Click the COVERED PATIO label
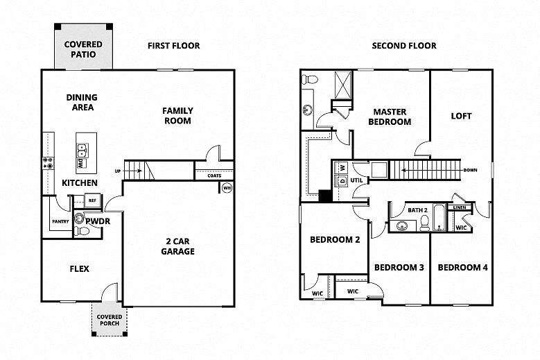(x=83, y=49)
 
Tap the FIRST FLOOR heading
(x=173, y=46)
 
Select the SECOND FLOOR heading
(x=404, y=46)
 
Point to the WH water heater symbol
(x=227, y=187)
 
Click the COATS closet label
(x=214, y=175)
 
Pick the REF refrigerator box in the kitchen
(x=93, y=201)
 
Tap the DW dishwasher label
(x=81, y=164)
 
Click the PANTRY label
(x=60, y=221)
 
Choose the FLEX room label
(x=80, y=268)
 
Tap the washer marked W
(x=342, y=168)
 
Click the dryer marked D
(x=342, y=181)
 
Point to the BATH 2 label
(x=417, y=209)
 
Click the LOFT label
(x=461, y=116)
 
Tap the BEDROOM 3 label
(x=399, y=268)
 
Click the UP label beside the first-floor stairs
(x=118, y=171)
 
